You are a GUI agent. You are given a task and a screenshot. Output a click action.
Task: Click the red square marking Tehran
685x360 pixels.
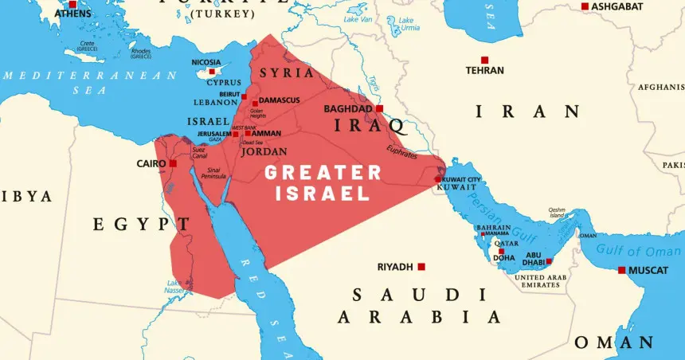point(484,60)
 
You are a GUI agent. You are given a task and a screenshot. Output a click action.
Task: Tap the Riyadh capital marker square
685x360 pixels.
point(421,267)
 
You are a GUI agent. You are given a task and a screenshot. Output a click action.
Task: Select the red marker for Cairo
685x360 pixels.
point(173,163)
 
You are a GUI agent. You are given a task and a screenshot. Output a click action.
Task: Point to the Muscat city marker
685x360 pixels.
point(622,270)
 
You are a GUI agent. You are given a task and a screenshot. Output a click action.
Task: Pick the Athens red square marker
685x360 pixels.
point(72,4)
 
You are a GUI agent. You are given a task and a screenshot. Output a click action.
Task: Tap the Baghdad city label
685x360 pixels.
point(348,108)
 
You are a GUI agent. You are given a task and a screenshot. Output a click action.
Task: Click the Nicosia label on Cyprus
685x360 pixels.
point(206,62)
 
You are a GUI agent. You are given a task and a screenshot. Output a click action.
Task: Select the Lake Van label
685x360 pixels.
point(358,18)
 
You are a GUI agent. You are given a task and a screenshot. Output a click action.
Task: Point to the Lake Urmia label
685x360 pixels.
point(409,23)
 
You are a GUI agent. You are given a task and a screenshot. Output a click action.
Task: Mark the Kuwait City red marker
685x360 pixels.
point(437,178)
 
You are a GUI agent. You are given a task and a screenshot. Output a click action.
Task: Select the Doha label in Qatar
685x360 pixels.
point(504,258)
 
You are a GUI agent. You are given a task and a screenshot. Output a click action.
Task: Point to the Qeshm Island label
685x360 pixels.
point(557,213)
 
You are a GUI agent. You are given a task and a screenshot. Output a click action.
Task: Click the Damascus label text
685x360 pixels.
point(281,100)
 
